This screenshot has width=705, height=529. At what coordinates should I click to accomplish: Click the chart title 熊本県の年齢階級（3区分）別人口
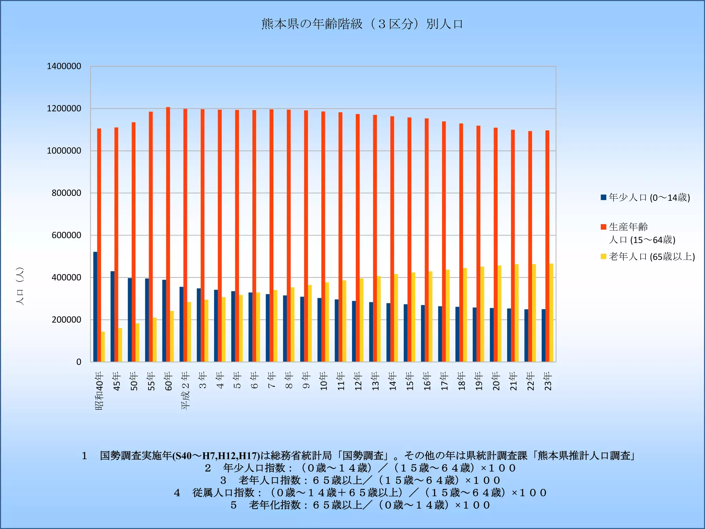(x=362, y=24)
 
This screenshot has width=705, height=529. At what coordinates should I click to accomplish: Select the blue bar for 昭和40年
(x=95, y=307)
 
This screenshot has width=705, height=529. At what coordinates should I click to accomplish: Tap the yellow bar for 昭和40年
(x=103, y=346)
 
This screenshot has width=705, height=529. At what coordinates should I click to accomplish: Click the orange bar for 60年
(x=168, y=234)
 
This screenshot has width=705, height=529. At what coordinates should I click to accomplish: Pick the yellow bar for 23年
(x=551, y=312)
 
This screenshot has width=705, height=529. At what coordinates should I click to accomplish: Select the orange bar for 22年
(x=530, y=246)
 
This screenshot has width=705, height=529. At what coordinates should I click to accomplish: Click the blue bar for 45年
(x=112, y=316)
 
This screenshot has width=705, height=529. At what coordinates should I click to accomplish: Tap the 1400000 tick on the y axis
(x=64, y=66)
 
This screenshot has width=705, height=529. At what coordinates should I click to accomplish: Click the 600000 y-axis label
(x=66, y=235)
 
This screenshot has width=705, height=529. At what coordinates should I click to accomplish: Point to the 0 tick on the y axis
(x=79, y=362)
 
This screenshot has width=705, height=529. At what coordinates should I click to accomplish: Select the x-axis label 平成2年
(x=186, y=391)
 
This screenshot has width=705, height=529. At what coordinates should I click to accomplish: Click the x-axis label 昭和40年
(x=99, y=391)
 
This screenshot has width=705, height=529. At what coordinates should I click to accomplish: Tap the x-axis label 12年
(x=358, y=381)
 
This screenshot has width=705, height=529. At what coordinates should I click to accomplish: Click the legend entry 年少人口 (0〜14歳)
(x=649, y=197)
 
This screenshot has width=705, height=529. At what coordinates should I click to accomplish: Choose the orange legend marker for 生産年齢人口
(x=603, y=227)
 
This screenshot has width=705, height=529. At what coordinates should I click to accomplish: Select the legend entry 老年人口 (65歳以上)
(x=652, y=257)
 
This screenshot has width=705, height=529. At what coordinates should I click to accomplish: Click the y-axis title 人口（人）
(x=20, y=286)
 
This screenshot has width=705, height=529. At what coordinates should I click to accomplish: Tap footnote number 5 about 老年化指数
(x=234, y=505)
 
